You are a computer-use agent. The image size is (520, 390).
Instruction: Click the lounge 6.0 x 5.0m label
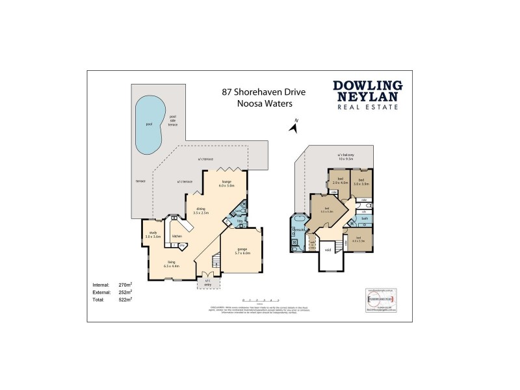(x=227, y=184)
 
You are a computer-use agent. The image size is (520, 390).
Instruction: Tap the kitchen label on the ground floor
(x=177, y=236)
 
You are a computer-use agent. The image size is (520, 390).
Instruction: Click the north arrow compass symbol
(x=293, y=126)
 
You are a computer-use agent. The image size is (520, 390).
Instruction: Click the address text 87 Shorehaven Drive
(x=254, y=92)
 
